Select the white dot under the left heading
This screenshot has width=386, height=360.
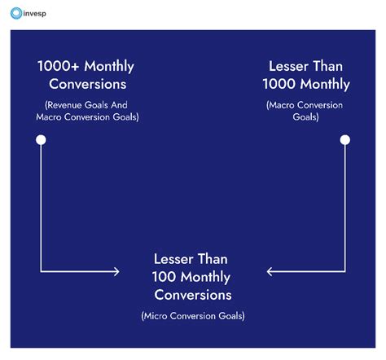(x=41, y=140)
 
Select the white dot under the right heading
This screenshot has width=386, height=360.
(x=344, y=140)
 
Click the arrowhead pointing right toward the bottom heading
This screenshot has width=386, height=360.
(x=116, y=271)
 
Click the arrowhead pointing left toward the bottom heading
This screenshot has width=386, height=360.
(x=270, y=271)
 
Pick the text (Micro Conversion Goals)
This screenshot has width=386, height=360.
(x=192, y=315)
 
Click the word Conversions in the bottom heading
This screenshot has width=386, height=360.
(x=193, y=294)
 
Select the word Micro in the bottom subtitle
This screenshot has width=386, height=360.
(x=159, y=315)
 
